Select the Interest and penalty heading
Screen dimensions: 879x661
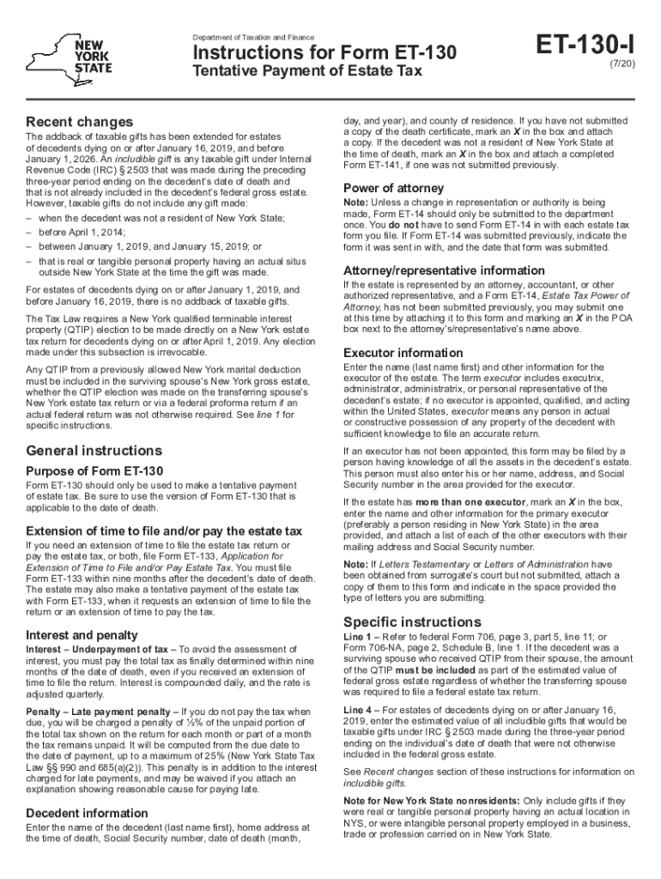[x=82, y=635]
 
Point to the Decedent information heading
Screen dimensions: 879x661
[x=87, y=813]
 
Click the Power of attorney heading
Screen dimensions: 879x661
[x=393, y=188]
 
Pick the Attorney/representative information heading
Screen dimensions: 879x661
[x=443, y=270]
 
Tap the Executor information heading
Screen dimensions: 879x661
[x=403, y=353]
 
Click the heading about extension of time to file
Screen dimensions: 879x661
[x=164, y=530]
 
